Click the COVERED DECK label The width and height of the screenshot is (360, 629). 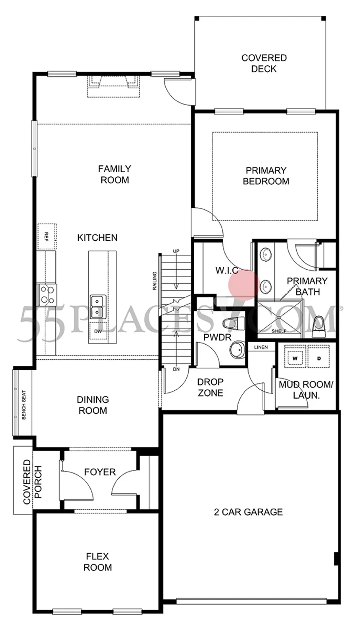[x=264, y=64]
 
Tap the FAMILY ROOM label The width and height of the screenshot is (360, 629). [x=114, y=174]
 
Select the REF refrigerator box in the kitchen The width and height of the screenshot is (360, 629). [x=47, y=237]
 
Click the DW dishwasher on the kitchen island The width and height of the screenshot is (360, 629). [x=98, y=331]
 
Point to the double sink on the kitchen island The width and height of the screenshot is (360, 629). [x=98, y=307]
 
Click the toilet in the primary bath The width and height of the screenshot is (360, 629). [x=319, y=327]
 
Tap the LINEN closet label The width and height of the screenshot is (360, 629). [x=261, y=347]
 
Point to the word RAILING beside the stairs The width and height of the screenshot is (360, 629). [x=154, y=281]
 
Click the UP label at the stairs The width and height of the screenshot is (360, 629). [x=176, y=251]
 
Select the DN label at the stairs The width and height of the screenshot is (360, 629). [x=176, y=369]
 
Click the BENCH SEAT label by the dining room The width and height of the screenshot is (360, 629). [x=23, y=405]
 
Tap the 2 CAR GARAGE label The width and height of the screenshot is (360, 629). [x=248, y=512]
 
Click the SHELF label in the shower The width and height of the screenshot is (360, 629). [x=279, y=331]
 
